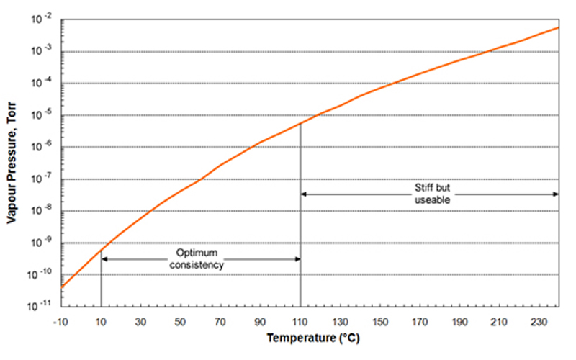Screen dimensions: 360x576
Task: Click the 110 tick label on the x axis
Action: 300,321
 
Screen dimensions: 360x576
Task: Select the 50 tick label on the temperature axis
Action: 181,321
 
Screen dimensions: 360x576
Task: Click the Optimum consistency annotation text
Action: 197,259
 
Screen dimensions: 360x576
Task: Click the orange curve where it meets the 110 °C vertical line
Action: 300,124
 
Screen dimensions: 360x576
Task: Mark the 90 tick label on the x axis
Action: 260,321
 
